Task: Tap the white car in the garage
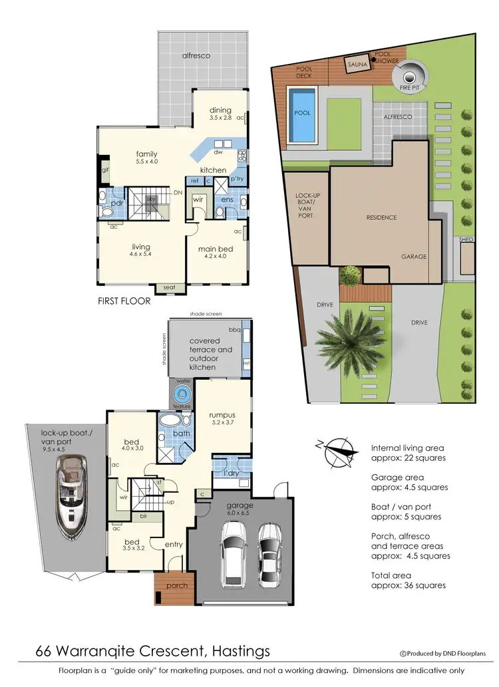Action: point(233,551)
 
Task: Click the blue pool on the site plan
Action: point(301,115)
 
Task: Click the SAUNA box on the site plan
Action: point(357,65)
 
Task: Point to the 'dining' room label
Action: point(220,110)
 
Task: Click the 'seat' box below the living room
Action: point(170,287)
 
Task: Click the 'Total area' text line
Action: point(391,575)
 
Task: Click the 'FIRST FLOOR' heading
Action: point(124,301)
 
